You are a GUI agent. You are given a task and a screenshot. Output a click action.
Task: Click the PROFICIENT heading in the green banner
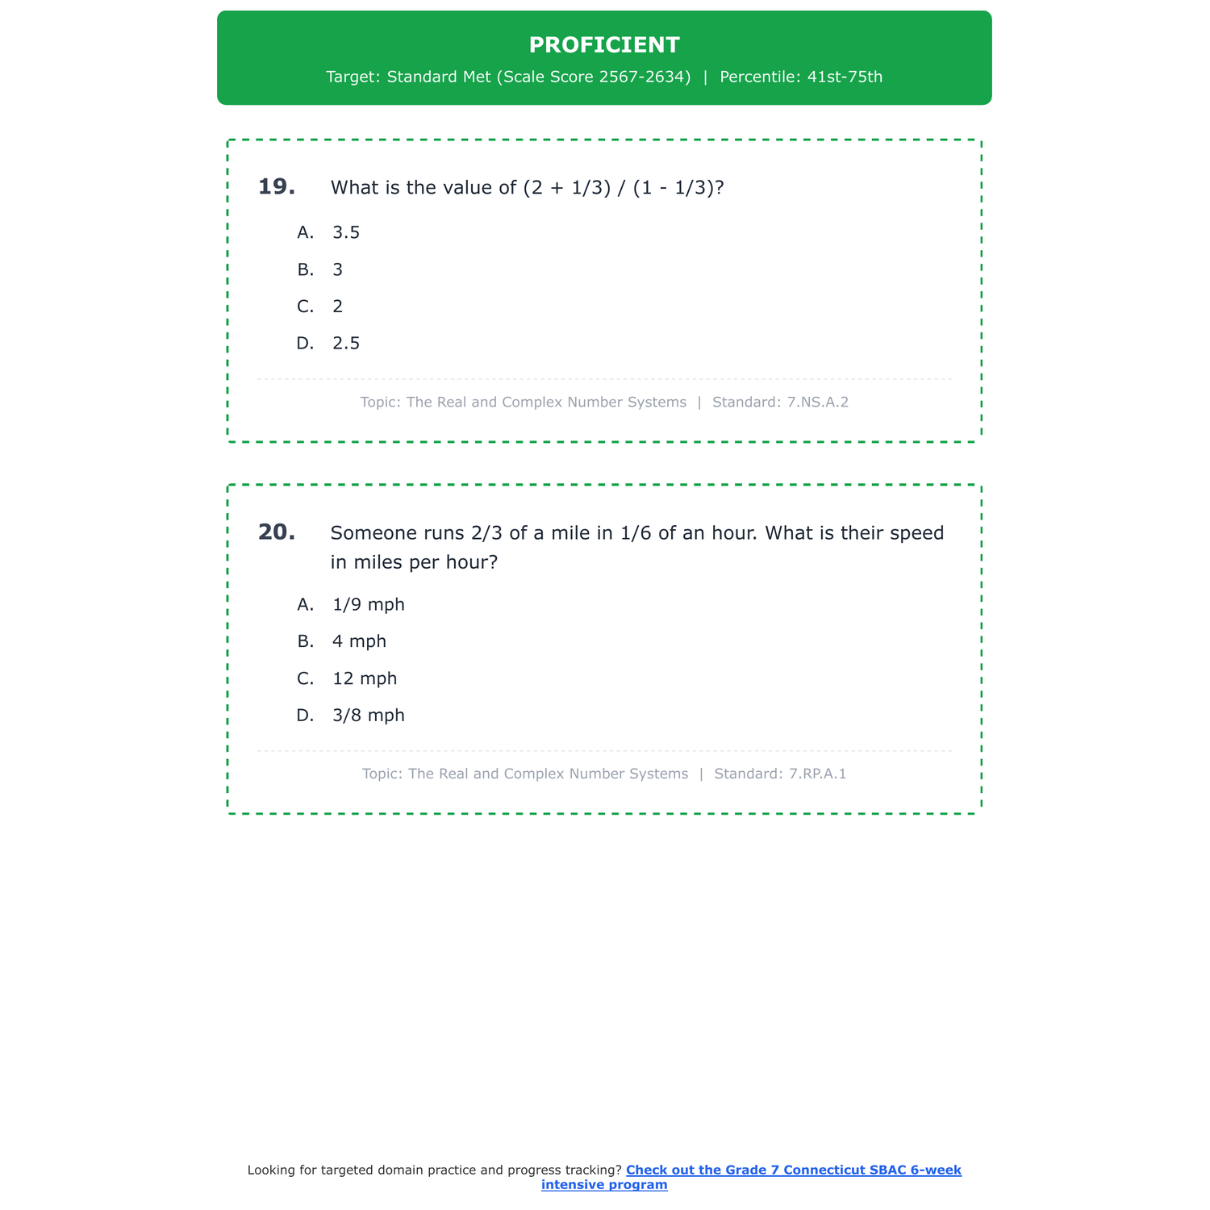(604, 45)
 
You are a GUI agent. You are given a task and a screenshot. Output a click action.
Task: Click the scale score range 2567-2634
(645, 77)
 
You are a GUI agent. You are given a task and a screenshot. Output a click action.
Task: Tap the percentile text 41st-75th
(845, 77)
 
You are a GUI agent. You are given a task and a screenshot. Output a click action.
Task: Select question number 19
(277, 187)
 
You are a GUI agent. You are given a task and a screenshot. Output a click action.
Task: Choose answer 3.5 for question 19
(346, 233)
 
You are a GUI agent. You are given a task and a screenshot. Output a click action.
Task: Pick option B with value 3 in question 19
(337, 270)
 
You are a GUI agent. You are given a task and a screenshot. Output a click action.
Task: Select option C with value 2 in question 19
(337, 307)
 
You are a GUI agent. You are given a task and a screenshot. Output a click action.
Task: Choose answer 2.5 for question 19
(346, 344)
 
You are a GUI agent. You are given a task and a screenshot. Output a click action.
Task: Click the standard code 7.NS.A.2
(818, 403)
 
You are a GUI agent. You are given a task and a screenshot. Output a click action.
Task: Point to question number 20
(277, 532)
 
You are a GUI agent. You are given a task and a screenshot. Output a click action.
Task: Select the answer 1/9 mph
(368, 605)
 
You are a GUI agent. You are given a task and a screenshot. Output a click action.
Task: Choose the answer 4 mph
(359, 641)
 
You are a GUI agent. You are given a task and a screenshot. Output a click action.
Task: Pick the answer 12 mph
(365, 678)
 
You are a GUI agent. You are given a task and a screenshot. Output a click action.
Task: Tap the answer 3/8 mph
(368, 716)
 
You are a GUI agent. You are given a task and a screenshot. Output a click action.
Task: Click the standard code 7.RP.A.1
(818, 774)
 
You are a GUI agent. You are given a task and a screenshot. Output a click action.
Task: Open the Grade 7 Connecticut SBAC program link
(793, 1170)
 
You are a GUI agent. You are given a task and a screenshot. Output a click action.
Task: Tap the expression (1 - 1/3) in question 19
(673, 188)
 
